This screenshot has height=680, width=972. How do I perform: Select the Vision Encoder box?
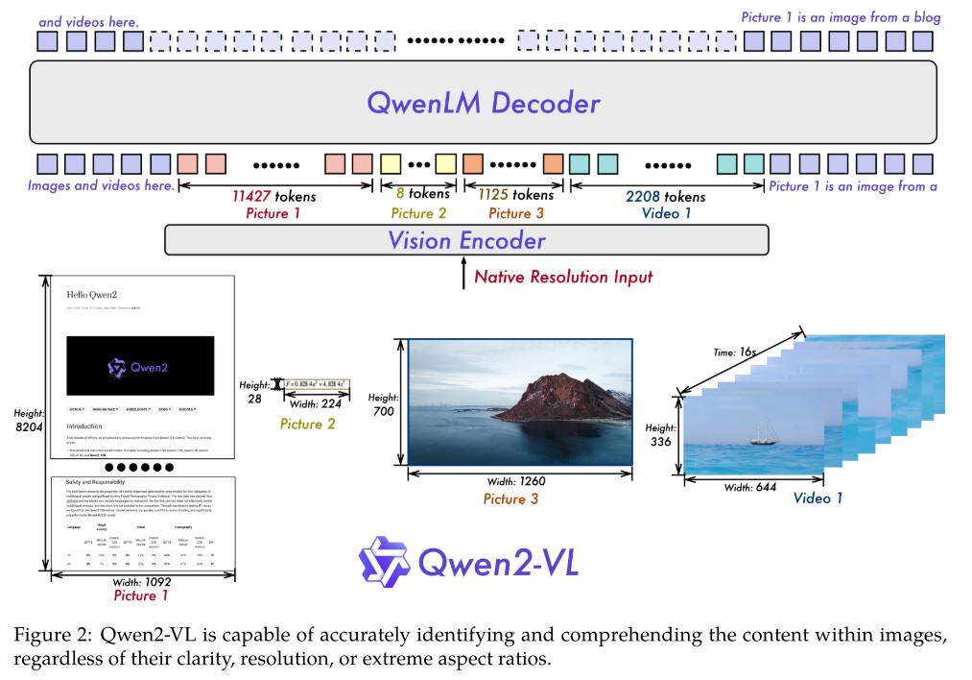coord(466,240)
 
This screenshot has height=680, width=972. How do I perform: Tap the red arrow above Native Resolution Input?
coord(465,276)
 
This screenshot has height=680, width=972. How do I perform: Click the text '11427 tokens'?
coord(273,196)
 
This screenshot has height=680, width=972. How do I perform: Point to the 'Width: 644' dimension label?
coord(751,487)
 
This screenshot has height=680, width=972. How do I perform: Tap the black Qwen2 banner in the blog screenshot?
coord(140,366)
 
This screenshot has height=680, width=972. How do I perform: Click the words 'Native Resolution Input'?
coord(563,277)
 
